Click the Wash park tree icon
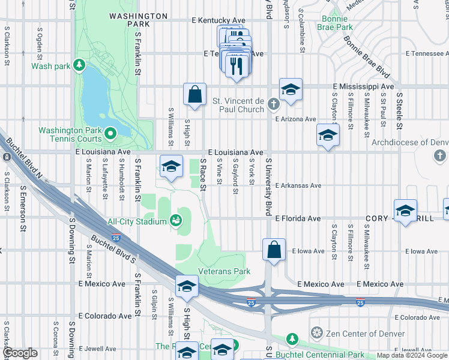[x=79, y=65]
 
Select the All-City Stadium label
[x=137, y=222]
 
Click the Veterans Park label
[x=224, y=271]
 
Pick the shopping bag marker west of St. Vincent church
[x=194, y=95]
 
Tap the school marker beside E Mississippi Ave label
[x=291, y=90]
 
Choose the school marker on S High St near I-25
[x=187, y=287]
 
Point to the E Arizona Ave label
[x=295, y=119]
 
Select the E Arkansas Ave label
[x=298, y=185]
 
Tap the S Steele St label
[x=398, y=110]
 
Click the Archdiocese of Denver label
[x=409, y=143]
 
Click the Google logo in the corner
[x=20, y=353]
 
